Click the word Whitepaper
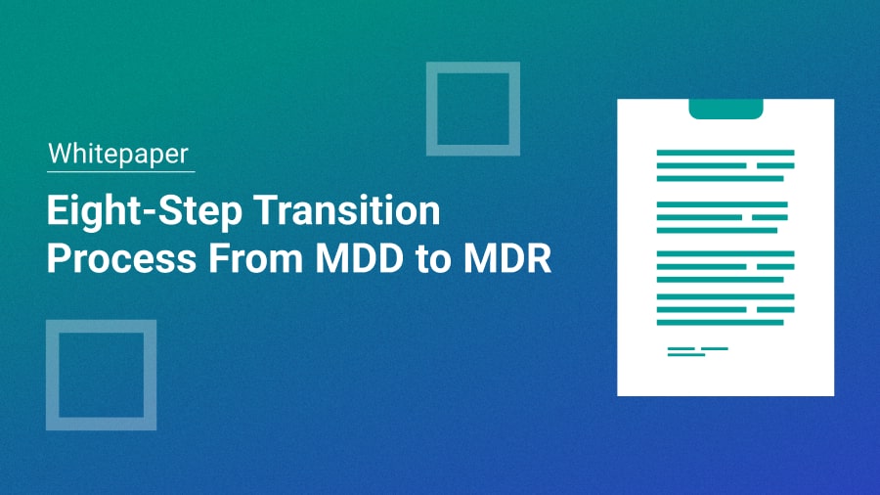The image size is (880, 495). [119, 155]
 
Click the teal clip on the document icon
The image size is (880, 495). [726, 108]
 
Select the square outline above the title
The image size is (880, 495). [472, 109]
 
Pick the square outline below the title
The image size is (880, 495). [101, 375]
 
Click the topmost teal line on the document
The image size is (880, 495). [725, 153]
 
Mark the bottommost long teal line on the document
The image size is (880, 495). [725, 322]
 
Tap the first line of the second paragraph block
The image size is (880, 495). [725, 203]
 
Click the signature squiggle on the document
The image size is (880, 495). [696, 351]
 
